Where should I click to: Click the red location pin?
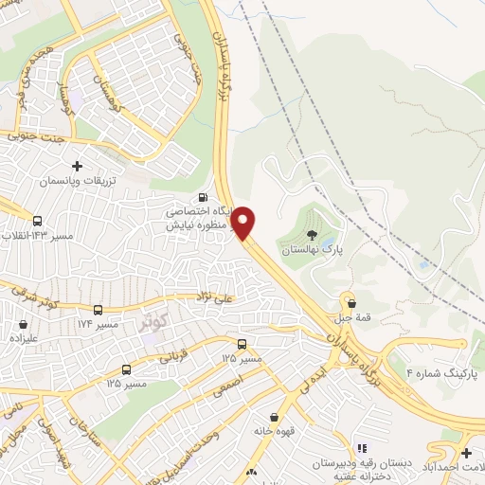click(x=243, y=223)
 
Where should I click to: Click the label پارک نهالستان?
click(x=313, y=249)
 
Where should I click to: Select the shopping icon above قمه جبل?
click(x=352, y=304)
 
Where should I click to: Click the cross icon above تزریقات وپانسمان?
click(x=77, y=166)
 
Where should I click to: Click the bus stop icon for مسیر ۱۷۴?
click(x=98, y=310)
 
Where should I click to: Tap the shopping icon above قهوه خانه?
click(x=275, y=417)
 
